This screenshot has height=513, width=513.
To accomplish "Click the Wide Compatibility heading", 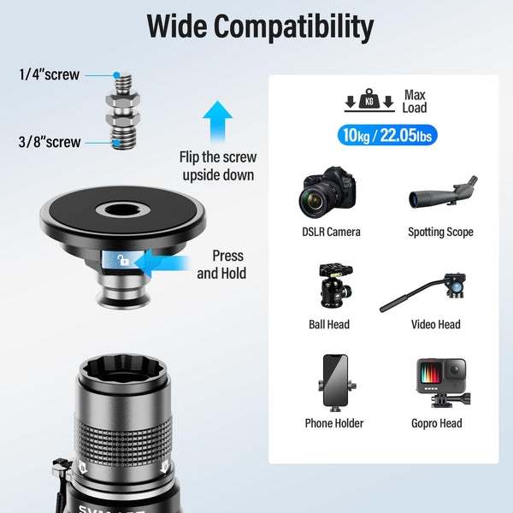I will pyautogui.click(x=260, y=27).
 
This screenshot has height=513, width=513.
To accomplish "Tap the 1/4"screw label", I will pyautogui.click(x=49, y=74).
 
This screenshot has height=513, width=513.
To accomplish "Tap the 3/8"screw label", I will pyautogui.click(x=50, y=142).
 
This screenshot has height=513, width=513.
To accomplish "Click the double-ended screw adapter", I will pyautogui.click(x=123, y=109).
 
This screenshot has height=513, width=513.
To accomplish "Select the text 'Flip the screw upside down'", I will pyautogui.click(x=217, y=166).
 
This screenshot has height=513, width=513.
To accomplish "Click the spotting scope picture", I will pyautogui.click(x=442, y=192).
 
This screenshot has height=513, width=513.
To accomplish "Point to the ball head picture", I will pyautogui.click(x=330, y=286).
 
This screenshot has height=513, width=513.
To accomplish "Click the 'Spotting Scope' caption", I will pyautogui.click(x=440, y=232).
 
